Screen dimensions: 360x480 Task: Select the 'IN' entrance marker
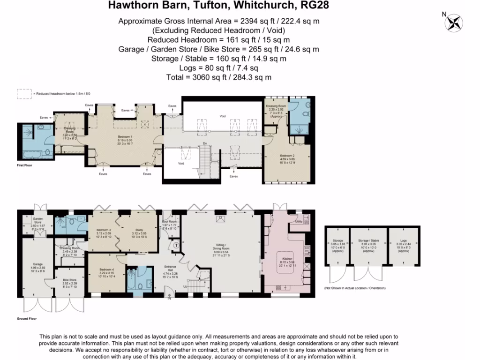pyautogui.click(x=170, y=298)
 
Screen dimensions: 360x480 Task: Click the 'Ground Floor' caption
pyautogui.click(x=27, y=318)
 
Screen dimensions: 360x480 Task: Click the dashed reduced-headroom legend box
pyautogui.click(x=23, y=93)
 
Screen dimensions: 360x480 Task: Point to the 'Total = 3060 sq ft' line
pyautogui.click(x=219, y=77)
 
